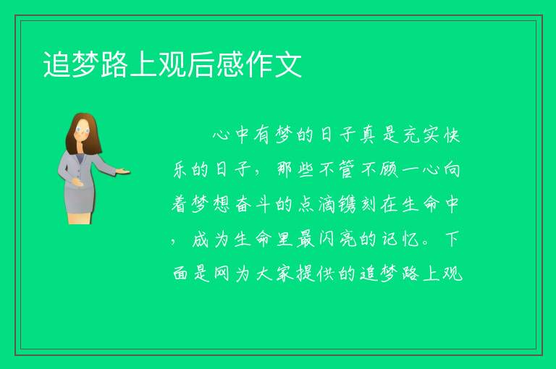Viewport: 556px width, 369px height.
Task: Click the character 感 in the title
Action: [x=229, y=64]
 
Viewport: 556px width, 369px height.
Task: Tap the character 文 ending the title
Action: [x=288, y=64]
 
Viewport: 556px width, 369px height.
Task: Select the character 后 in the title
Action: [x=201, y=64]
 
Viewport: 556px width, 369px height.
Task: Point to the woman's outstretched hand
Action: [x=123, y=172]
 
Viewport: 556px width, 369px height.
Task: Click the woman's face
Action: [x=83, y=130]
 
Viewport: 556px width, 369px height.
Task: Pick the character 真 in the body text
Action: [x=368, y=135]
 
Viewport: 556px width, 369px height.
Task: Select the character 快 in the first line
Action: [x=452, y=135]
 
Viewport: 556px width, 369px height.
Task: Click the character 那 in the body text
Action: [x=285, y=169]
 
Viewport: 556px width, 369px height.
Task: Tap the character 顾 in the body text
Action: [x=389, y=169]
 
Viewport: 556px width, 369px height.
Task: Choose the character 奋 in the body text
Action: [x=243, y=205]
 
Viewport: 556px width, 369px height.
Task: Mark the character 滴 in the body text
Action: [x=327, y=205]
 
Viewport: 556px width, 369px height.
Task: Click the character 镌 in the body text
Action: [x=347, y=205]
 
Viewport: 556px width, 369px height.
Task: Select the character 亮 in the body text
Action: [x=347, y=239]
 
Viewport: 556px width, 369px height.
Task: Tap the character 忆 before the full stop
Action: [x=410, y=239]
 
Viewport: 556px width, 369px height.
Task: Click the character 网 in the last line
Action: [x=222, y=273]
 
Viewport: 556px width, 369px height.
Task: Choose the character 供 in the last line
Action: [x=327, y=273]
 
